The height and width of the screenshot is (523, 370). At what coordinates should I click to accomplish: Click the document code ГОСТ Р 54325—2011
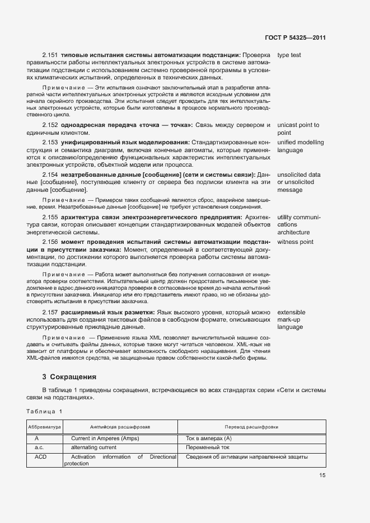tap(295, 38)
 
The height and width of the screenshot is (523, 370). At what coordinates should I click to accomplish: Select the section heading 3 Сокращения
tap(69, 376)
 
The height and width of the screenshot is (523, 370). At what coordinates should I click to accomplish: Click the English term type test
tap(289, 55)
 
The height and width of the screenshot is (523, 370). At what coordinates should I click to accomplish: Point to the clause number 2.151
tap(50, 55)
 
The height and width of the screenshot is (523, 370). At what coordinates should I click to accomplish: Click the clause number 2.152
tap(50, 125)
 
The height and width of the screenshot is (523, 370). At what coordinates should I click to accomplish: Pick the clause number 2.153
tap(50, 143)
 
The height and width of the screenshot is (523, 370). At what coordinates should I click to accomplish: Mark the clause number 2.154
tap(50, 175)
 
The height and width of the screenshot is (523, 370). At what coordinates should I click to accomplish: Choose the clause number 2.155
tap(50, 217)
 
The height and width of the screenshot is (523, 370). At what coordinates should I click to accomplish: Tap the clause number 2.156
tap(50, 242)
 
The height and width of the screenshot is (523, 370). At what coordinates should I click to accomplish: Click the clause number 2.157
tap(50, 312)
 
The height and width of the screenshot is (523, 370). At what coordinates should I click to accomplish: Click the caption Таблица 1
tap(44, 411)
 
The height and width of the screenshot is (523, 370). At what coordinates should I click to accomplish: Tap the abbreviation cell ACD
tap(40, 457)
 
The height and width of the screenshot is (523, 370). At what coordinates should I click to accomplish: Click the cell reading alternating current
tap(93, 447)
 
